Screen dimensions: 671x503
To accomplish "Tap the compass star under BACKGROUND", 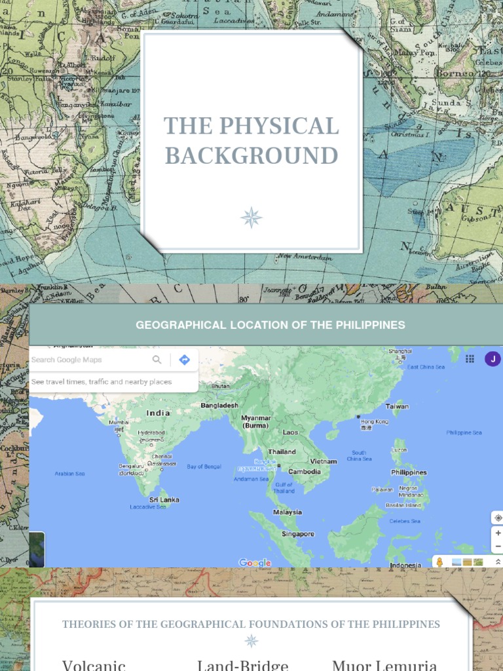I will (251, 217).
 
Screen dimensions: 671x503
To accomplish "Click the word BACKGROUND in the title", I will (251, 156).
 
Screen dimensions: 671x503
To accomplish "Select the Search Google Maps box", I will (88, 360).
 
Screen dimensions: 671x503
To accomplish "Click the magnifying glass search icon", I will (157, 360).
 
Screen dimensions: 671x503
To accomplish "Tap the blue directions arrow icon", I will (184, 360).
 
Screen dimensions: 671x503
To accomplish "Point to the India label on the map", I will (158, 413).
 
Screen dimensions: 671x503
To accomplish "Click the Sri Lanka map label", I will (164, 499).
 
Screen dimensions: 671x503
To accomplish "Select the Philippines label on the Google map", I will (409, 472).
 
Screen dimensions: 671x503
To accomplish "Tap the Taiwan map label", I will (397, 406).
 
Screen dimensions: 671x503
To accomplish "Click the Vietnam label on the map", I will (324, 461).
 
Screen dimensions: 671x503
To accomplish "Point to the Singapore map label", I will (298, 534).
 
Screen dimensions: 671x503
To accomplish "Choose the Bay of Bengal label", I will (204, 467).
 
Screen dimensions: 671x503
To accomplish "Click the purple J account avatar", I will (492, 358).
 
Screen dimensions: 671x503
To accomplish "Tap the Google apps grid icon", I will (470, 359).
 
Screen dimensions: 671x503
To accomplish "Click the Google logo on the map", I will (255, 563).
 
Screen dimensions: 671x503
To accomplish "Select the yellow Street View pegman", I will (440, 562).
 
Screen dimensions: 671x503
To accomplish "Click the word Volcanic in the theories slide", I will (94, 665).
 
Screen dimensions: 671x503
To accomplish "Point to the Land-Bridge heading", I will (242, 665).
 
